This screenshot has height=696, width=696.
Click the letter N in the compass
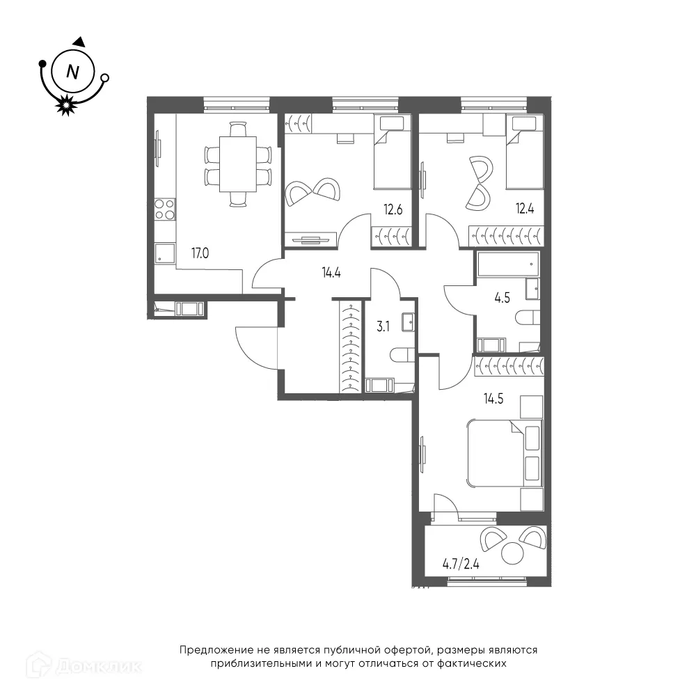(x=72, y=72)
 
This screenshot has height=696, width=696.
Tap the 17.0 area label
(x=200, y=253)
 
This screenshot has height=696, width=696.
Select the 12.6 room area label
(x=393, y=209)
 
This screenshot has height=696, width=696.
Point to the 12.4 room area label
(x=524, y=208)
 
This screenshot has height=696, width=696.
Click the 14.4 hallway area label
(x=331, y=273)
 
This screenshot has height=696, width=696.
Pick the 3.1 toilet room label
(x=383, y=326)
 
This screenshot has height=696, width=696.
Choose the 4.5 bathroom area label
(x=502, y=298)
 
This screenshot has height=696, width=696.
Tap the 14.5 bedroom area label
(x=493, y=399)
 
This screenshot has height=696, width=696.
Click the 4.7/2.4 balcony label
(x=461, y=564)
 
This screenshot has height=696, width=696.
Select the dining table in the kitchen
(x=238, y=164)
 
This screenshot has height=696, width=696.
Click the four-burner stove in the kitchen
(x=165, y=209)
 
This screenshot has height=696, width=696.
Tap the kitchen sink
(x=164, y=254)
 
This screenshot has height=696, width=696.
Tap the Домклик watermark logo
(x=84, y=665)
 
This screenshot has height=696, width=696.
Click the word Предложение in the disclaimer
(x=216, y=650)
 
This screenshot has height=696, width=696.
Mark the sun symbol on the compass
(x=65, y=105)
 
